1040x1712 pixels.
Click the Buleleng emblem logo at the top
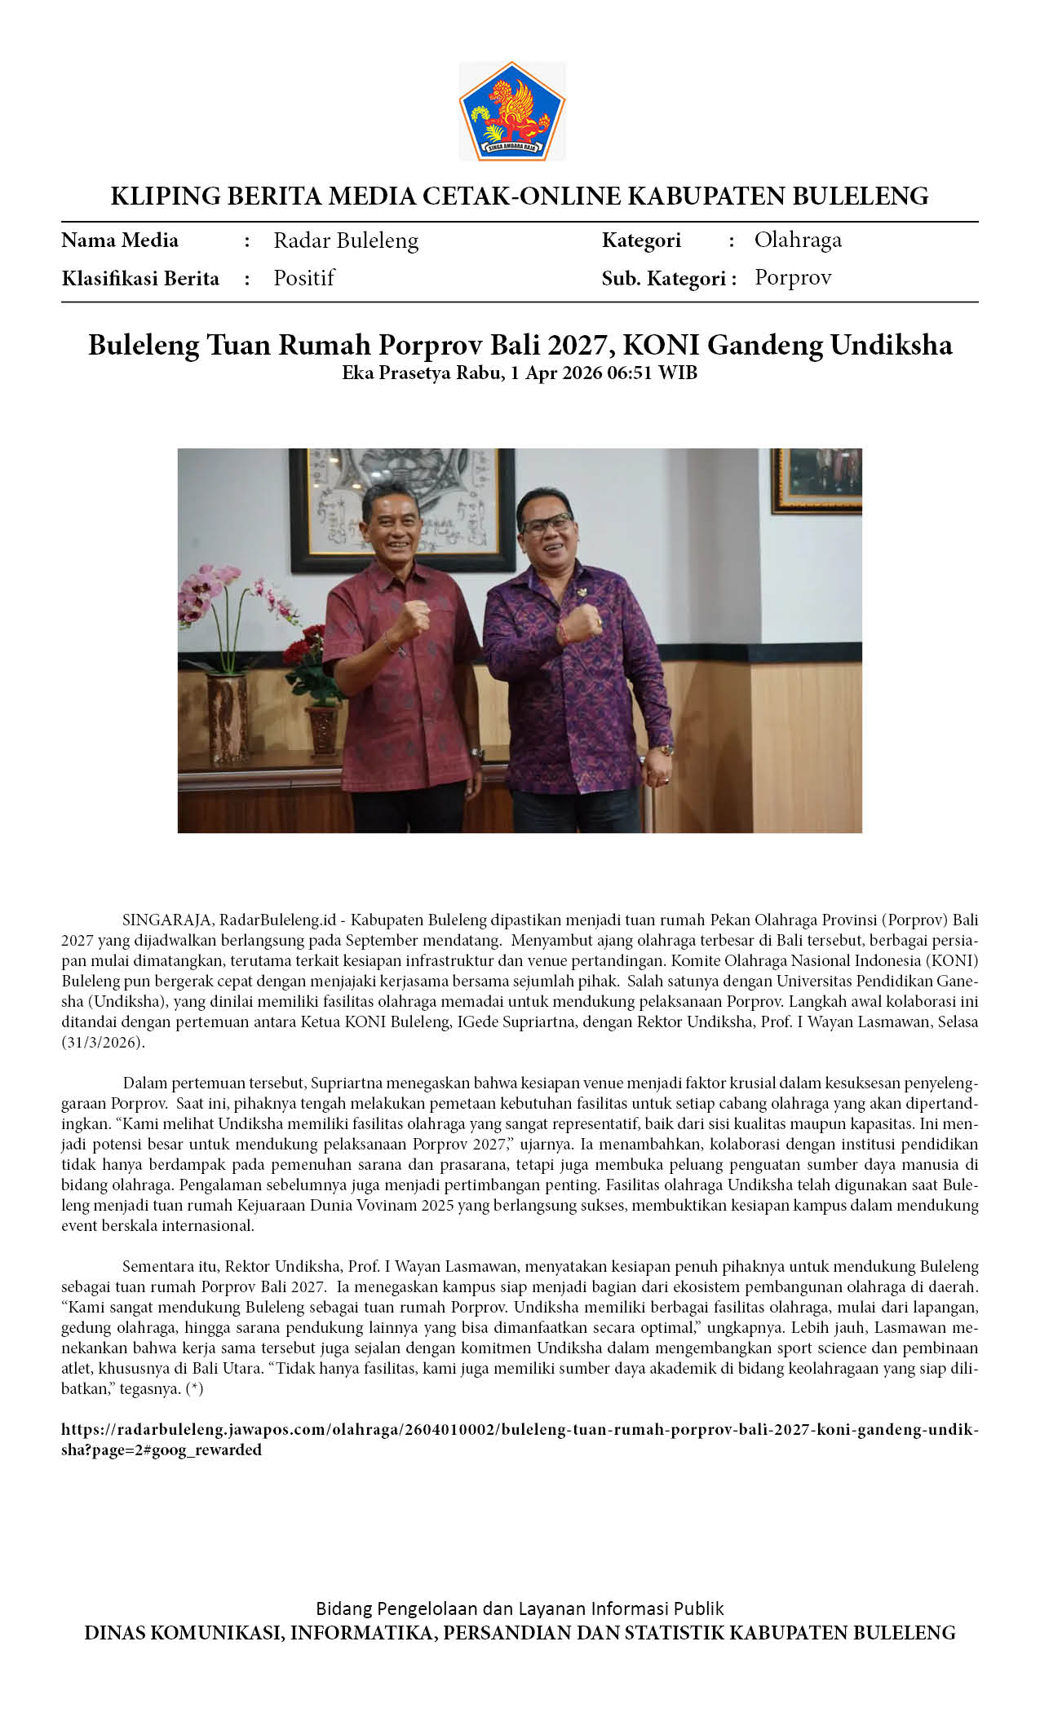tap(512, 111)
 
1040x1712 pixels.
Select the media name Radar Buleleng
tap(346, 240)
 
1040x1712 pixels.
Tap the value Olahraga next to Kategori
tap(798, 240)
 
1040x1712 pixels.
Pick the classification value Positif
tap(304, 278)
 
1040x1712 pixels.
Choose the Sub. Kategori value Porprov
tap(793, 278)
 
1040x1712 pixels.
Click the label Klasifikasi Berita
tap(140, 279)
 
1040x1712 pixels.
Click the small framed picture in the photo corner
tap(817, 479)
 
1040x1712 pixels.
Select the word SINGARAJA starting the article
tap(166, 920)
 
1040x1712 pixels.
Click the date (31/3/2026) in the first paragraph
tap(103, 1043)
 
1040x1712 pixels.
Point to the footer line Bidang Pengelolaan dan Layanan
tap(520, 1608)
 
